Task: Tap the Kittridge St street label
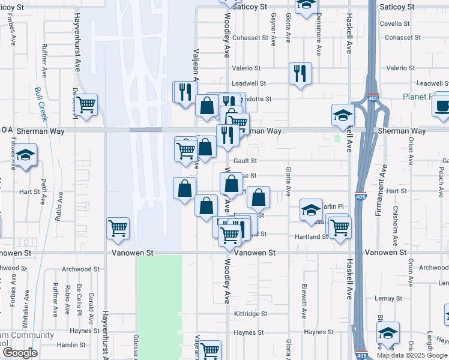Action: pyautogui.click(x=250, y=314)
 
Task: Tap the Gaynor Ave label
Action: pyautogui.click(x=273, y=30)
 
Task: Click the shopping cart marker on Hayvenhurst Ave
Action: pyautogui.click(x=118, y=228)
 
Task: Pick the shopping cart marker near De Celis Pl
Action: pyautogui.click(x=86, y=104)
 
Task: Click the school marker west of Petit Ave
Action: pyautogui.click(x=26, y=155)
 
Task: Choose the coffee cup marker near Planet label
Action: pyautogui.click(x=443, y=104)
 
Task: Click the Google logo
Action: pyautogui.click(x=20, y=353)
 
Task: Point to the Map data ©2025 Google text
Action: pyautogui.click(x=412, y=355)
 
